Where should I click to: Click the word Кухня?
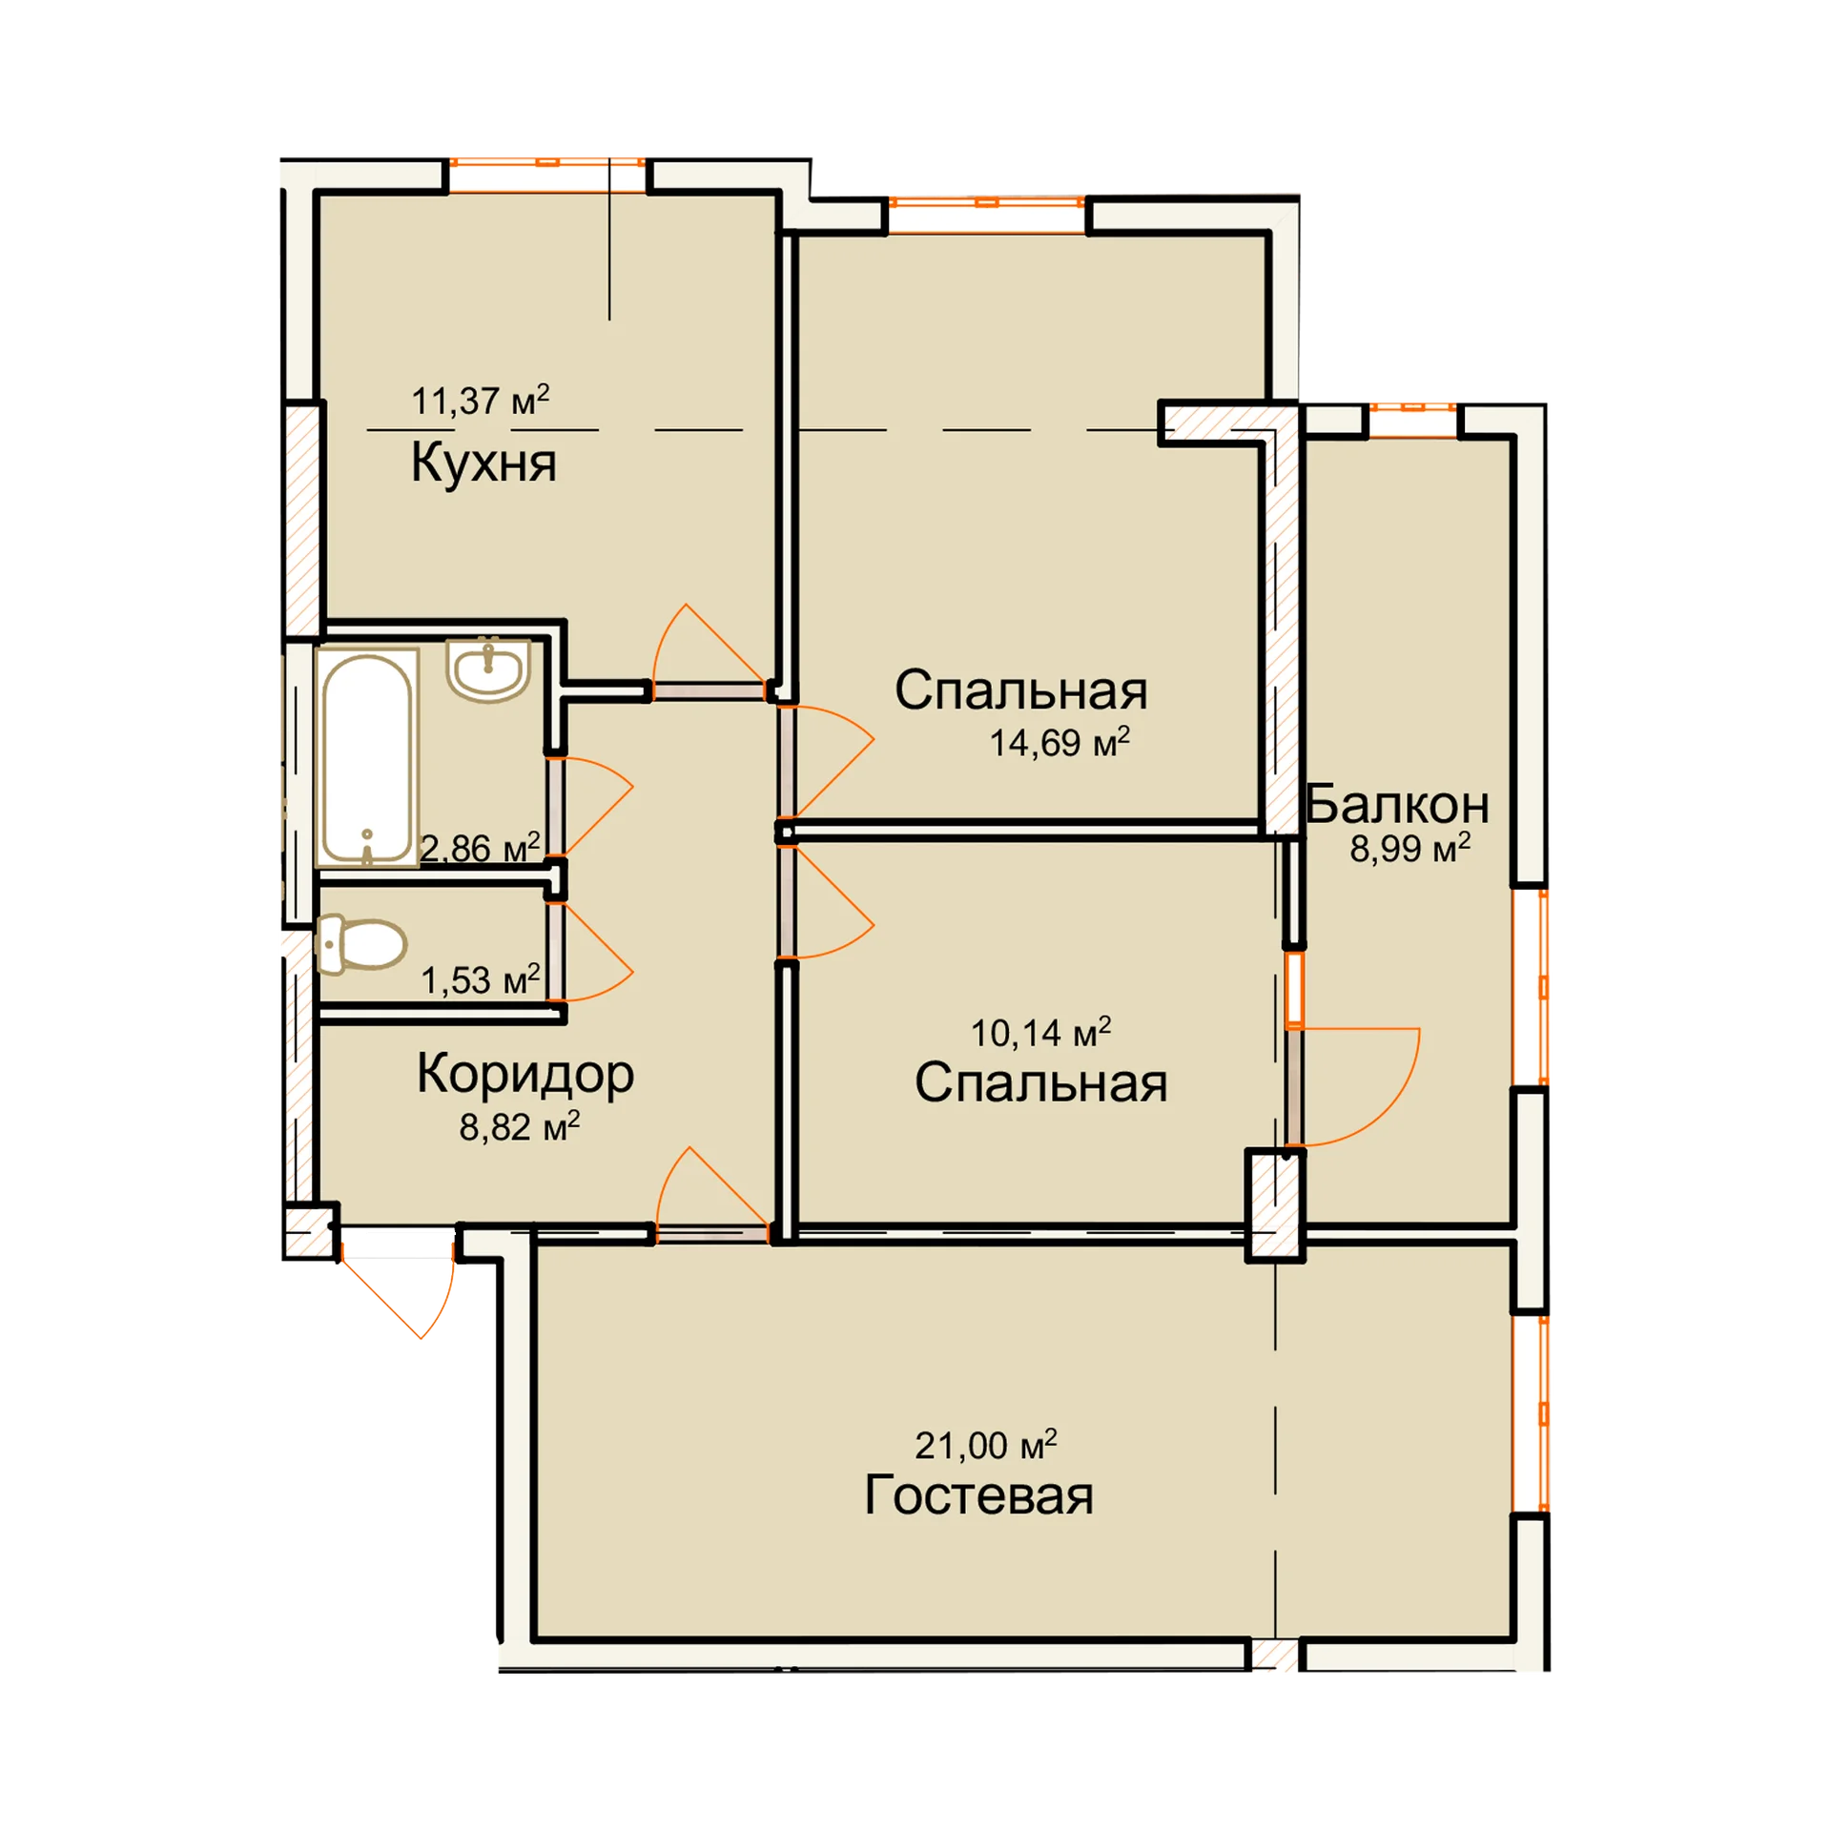point(483,463)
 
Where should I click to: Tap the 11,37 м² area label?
point(480,400)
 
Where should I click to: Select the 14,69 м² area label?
point(1059,742)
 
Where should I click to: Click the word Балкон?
point(1396,804)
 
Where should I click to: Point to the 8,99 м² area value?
point(1409,847)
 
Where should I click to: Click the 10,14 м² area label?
point(1040,1032)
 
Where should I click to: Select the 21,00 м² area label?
point(986,1445)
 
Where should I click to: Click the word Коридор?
point(525,1076)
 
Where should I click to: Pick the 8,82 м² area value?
point(520,1127)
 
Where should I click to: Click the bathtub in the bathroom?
point(367,758)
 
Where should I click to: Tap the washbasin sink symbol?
point(488,669)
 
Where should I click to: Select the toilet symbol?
point(360,945)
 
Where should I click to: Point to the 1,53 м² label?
point(481,980)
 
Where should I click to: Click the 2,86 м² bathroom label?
point(480,848)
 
